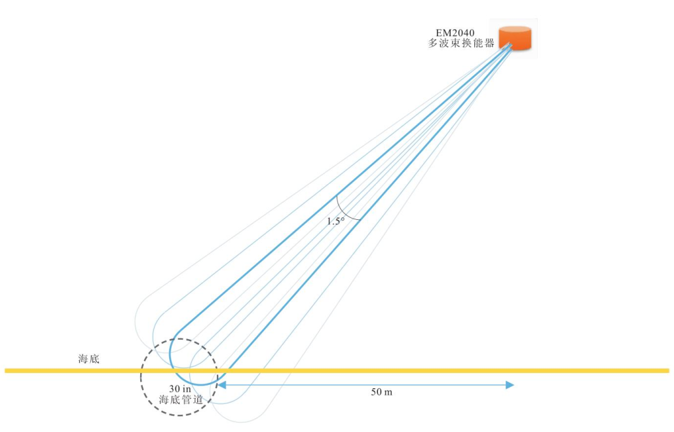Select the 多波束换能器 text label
[x=460, y=43]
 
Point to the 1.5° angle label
[x=335, y=221]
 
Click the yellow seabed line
[x=393, y=370]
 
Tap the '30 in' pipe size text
[x=179, y=388]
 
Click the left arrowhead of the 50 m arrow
[x=221, y=385]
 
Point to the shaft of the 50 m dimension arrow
[x=367, y=385]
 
